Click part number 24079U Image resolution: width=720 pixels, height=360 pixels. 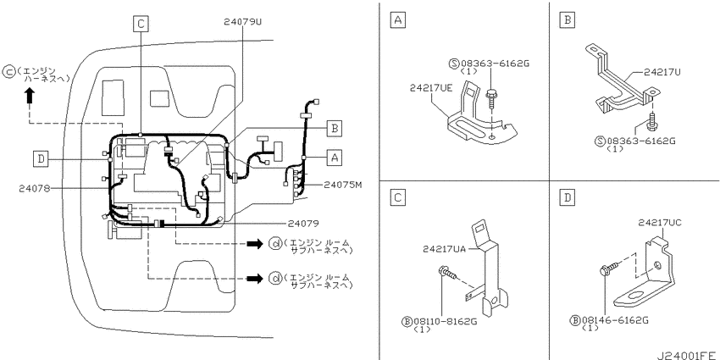243,21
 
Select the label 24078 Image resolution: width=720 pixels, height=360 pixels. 35,188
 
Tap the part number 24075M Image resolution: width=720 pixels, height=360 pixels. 343,185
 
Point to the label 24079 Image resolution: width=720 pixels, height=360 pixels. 303,224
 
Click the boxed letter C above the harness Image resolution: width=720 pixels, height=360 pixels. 141,24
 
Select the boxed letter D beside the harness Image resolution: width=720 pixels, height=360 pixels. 41,159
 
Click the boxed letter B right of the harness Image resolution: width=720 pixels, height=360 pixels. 335,129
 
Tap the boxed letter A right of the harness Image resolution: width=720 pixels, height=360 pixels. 335,158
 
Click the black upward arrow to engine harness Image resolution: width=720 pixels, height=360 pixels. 30,95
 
